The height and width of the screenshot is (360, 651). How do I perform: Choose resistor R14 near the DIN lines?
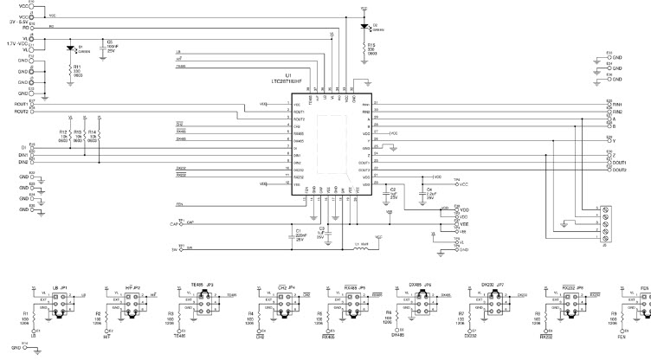coord(100,135)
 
